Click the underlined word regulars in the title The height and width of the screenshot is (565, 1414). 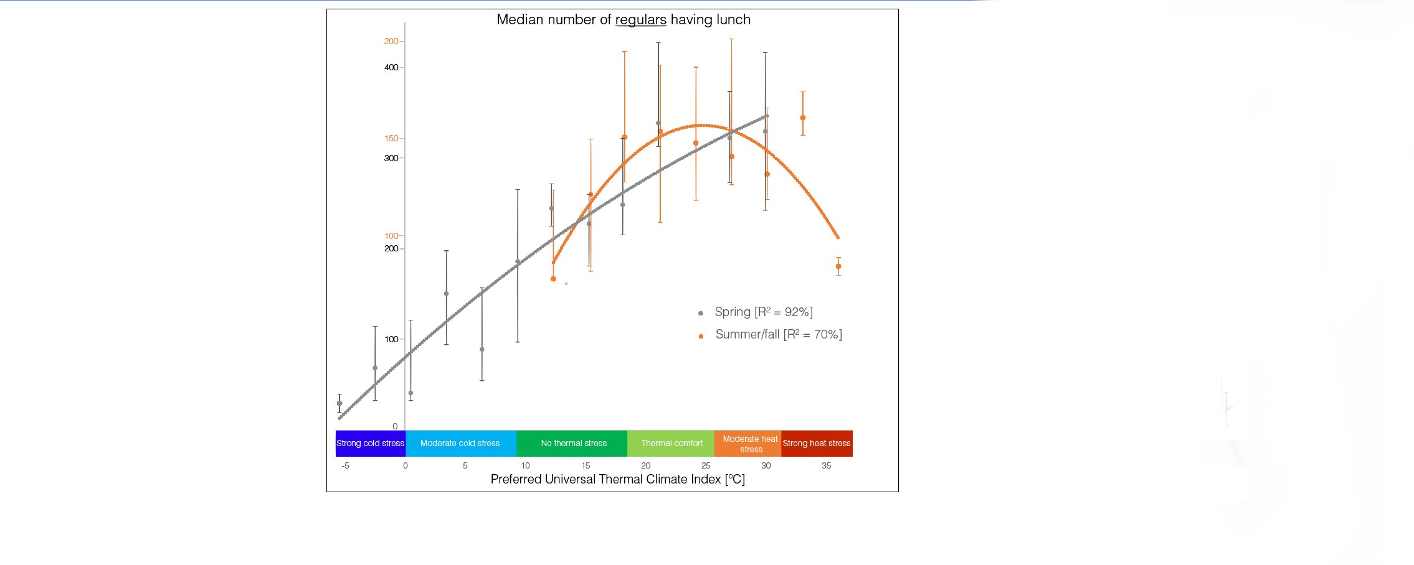(640, 20)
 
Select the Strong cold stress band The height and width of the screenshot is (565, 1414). (370, 443)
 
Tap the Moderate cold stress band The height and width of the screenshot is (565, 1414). (460, 443)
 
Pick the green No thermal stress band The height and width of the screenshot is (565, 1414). (573, 443)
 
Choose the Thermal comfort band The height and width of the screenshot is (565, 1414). (671, 443)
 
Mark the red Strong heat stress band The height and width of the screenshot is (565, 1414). (816, 443)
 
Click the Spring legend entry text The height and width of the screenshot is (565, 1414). (763, 312)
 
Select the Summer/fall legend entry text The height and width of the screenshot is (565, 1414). (778, 334)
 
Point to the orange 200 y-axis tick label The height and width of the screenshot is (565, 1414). (391, 41)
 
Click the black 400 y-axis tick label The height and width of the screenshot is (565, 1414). (391, 67)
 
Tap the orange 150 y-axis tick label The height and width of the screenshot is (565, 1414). (391, 138)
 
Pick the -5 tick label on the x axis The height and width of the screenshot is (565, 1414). (345, 465)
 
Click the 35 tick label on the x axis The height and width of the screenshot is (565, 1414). (826, 465)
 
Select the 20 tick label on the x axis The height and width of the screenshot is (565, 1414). (645, 465)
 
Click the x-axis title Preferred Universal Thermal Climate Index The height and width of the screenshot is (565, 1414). (617, 479)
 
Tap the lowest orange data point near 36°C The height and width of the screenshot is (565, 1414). (838, 266)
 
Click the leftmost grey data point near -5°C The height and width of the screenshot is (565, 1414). (339, 403)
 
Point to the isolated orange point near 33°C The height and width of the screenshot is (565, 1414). (803, 118)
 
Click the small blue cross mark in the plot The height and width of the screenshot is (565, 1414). (566, 284)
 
